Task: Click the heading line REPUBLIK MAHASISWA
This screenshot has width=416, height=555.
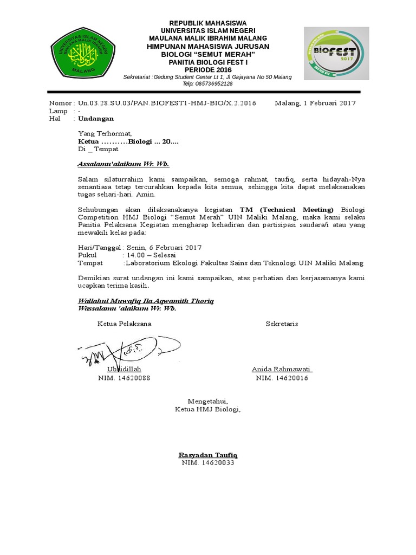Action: [208, 23]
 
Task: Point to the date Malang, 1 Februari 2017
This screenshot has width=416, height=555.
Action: [315, 103]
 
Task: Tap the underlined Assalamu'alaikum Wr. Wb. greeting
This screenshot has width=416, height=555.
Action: [119, 164]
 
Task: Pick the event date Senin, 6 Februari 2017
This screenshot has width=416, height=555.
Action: [163, 247]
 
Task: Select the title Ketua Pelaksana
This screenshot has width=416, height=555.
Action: [124, 324]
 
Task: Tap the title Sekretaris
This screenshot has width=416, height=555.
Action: [282, 324]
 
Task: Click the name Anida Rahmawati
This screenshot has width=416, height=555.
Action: [282, 370]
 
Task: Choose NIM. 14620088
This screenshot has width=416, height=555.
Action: [124, 378]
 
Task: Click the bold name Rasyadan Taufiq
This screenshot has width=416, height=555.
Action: [208, 455]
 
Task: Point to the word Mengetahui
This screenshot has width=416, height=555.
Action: [208, 401]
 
